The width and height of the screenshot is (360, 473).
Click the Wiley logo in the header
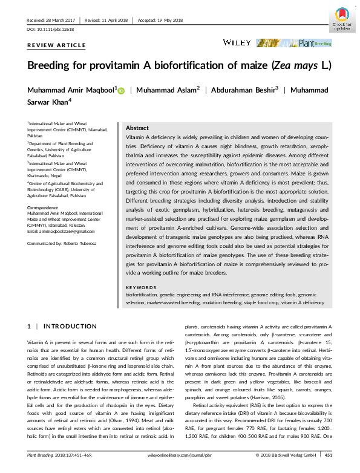point(233,43)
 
